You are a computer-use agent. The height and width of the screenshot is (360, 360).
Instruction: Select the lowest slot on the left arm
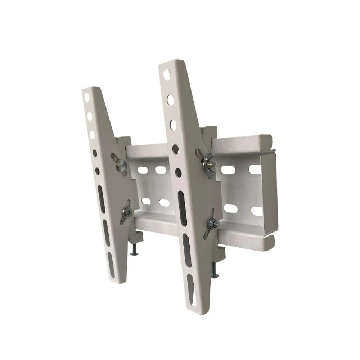tap(111, 265)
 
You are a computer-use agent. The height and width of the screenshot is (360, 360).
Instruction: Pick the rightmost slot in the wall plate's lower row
tap(256, 211)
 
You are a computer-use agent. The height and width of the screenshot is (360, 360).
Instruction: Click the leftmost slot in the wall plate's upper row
tap(143, 169)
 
